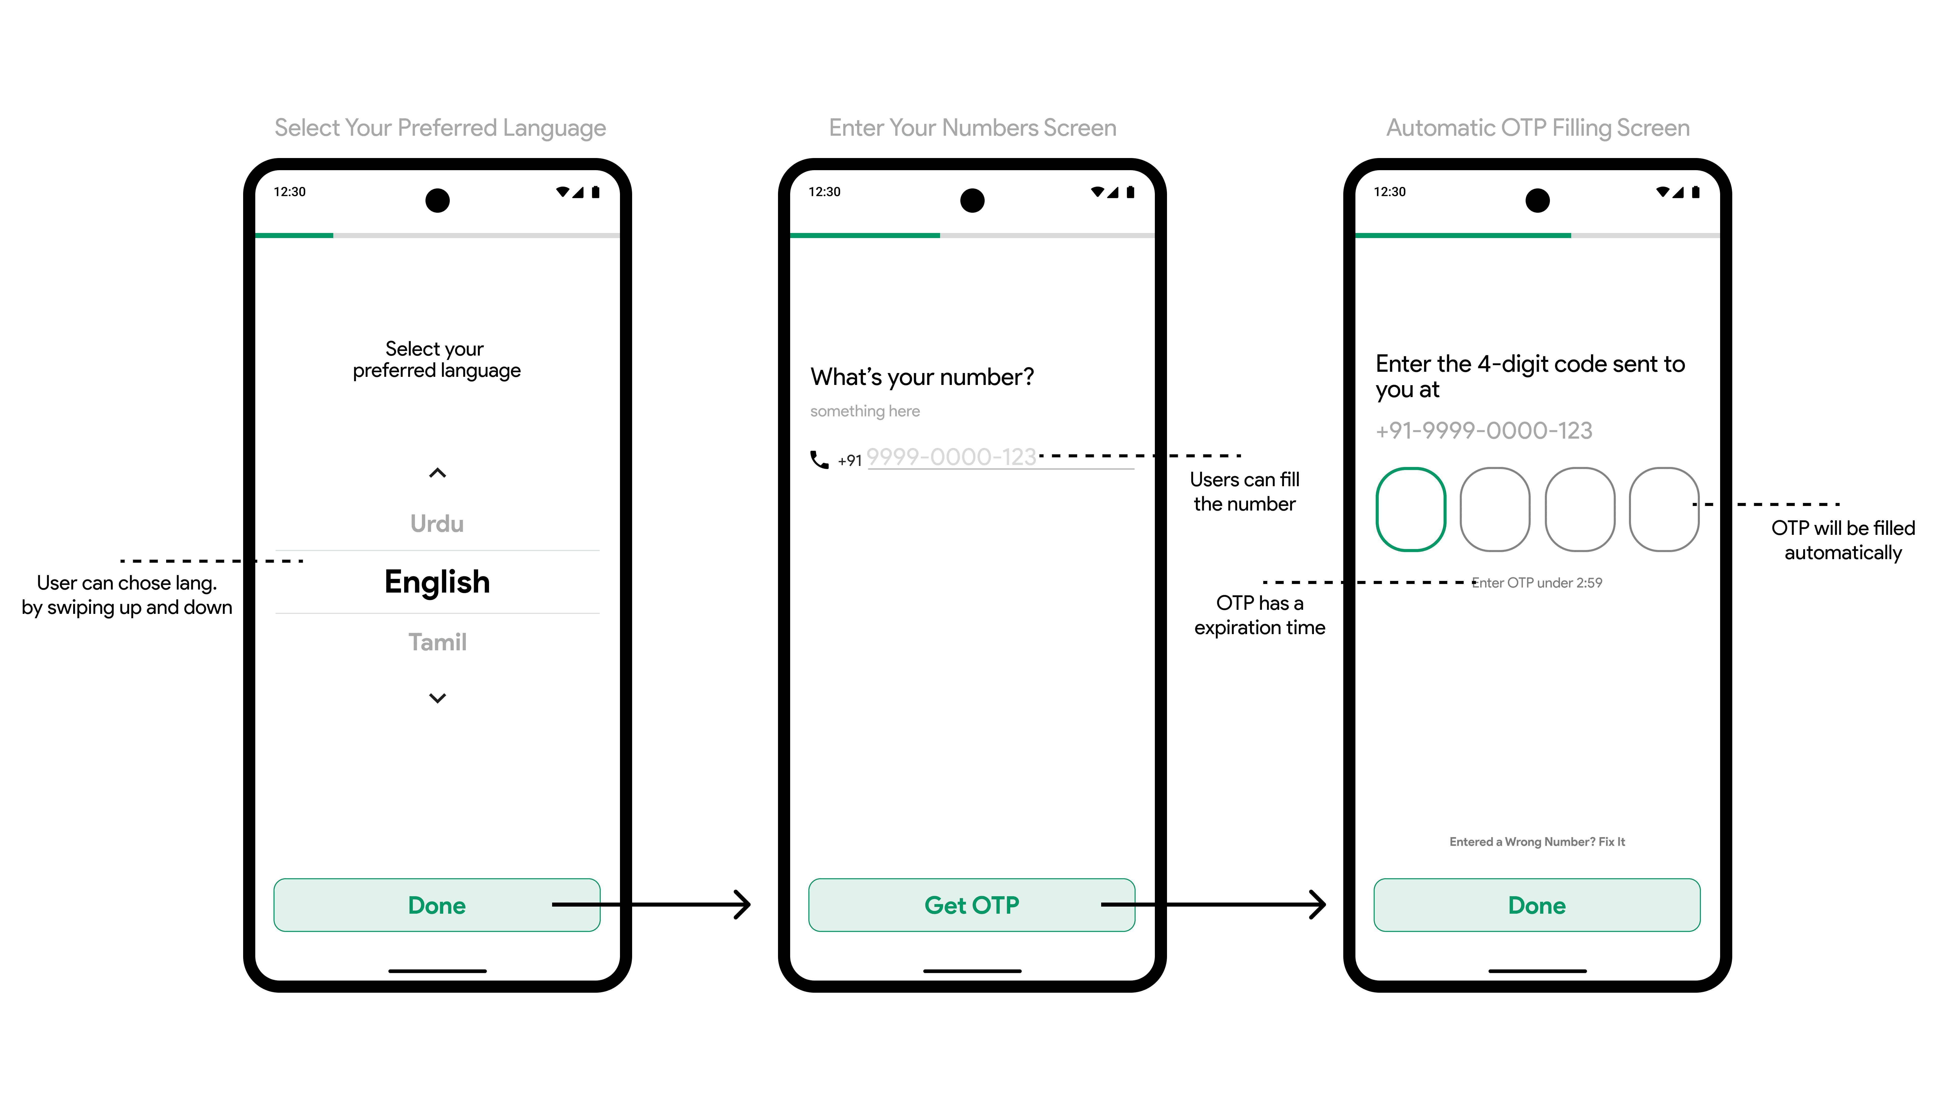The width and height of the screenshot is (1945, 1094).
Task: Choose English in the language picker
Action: pyautogui.click(x=437, y=582)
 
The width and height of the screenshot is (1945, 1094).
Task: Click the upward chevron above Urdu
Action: pyautogui.click(x=437, y=473)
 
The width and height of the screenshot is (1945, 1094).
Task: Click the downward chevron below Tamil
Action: pyautogui.click(x=437, y=698)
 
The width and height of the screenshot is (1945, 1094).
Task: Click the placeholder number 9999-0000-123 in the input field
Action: pyautogui.click(x=951, y=457)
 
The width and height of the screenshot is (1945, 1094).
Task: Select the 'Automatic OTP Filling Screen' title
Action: pyautogui.click(x=1537, y=128)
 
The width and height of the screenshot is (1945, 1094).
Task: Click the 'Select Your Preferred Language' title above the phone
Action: pyautogui.click(x=440, y=128)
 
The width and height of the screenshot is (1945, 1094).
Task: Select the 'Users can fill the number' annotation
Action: pyautogui.click(x=1244, y=492)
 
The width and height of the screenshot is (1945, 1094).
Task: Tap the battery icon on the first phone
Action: pyautogui.click(x=596, y=192)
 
